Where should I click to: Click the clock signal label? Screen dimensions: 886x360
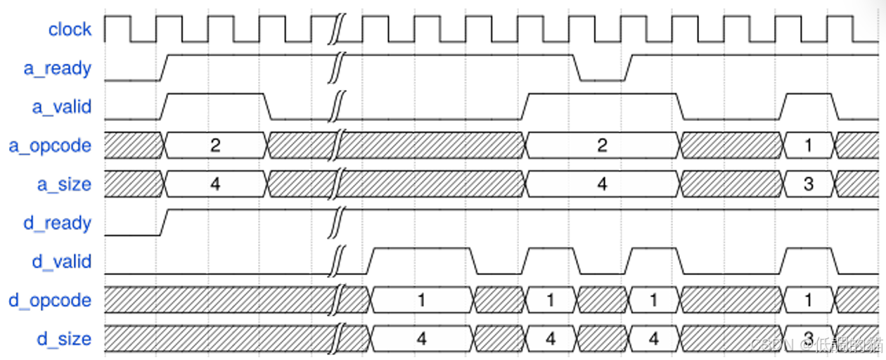pyautogui.click(x=70, y=30)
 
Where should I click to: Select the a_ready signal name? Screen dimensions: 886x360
pyautogui.click(x=58, y=68)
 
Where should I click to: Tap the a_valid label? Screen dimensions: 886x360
pyautogui.click(x=62, y=107)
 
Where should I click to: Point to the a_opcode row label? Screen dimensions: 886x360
pyautogui.click(x=50, y=146)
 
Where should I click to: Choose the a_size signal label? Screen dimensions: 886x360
pyautogui.click(x=64, y=184)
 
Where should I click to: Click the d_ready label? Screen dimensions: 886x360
pyautogui.click(x=58, y=223)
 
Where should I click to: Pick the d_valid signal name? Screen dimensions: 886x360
pyautogui.click(x=62, y=262)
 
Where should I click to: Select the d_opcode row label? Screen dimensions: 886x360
pyautogui.click(x=50, y=300)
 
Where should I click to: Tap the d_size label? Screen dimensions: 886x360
pyautogui.click(x=64, y=339)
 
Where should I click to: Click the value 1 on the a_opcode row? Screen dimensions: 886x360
pyautogui.click(x=809, y=146)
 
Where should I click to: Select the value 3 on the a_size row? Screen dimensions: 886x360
pyautogui.click(x=809, y=184)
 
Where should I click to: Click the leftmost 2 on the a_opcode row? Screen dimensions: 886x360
pyautogui.click(x=215, y=146)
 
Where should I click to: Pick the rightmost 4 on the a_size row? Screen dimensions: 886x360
pyautogui.click(x=602, y=184)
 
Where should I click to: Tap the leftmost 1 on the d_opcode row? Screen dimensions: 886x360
pyautogui.click(x=421, y=300)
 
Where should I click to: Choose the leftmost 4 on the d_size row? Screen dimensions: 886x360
pyautogui.click(x=421, y=339)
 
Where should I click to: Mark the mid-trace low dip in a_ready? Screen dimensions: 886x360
pyautogui.click(x=602, y=79)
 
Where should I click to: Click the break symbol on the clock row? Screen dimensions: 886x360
pyautogui.click(x=338, y=28)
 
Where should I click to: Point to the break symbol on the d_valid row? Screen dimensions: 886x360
pyautogui.click(x=338, y=260)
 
